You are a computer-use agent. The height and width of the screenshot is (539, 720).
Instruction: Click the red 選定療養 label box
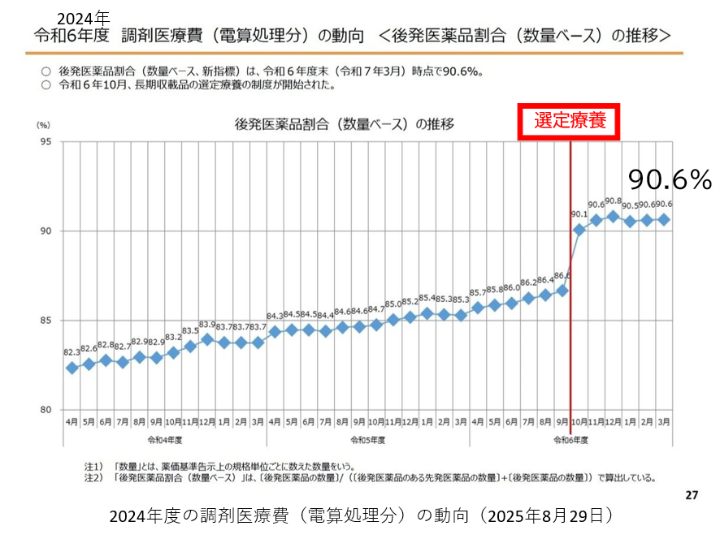570,121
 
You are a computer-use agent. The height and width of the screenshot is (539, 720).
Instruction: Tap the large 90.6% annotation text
670,179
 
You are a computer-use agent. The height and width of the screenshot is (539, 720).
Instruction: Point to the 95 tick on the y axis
46,142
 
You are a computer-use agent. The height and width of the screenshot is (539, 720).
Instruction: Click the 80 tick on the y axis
46,409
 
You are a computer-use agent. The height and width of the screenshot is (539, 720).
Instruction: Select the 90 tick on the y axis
46,231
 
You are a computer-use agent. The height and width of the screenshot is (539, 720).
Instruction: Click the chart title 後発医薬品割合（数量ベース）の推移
344,124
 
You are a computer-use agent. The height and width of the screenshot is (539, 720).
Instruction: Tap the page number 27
692,494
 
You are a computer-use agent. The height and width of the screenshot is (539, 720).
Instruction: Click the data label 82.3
71,353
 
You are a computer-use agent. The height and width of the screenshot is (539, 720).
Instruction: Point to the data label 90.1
579,215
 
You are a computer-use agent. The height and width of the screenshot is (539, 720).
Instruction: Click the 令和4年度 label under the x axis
164,440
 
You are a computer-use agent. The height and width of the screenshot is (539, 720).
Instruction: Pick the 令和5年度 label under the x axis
367,440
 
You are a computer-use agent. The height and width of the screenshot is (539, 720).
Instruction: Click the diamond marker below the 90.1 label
579,230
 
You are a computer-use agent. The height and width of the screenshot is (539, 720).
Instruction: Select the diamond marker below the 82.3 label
72,368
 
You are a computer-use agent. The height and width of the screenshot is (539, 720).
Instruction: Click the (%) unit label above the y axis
43,125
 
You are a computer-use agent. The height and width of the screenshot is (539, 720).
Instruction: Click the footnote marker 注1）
95,468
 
